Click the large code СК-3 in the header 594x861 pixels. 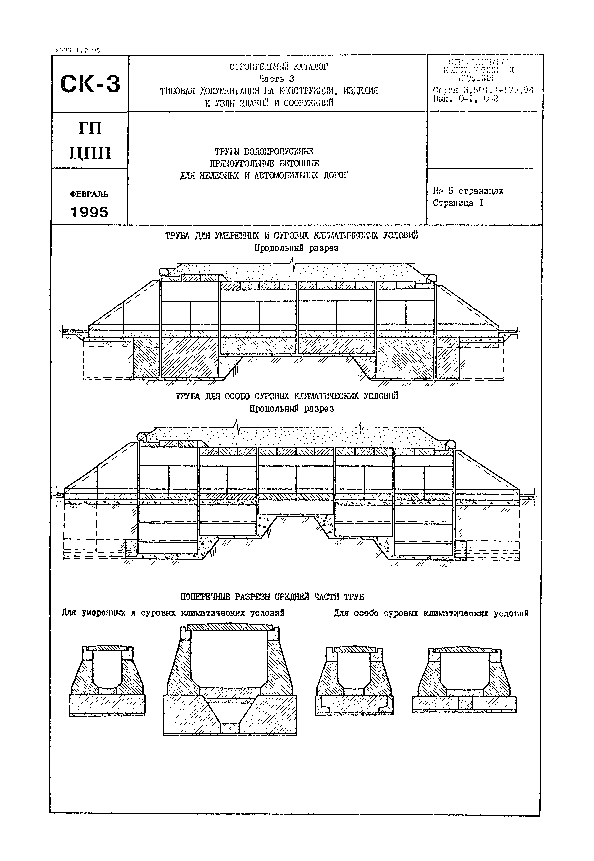pos(90,84)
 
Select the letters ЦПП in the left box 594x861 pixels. pos(90,153)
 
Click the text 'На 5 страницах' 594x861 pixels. pos(468,191)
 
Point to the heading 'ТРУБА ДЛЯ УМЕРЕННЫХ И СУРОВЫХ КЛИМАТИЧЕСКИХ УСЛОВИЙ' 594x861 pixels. pos(291,236)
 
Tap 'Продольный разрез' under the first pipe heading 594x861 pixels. pos(296,248)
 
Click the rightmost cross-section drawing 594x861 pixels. pos(464,679)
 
